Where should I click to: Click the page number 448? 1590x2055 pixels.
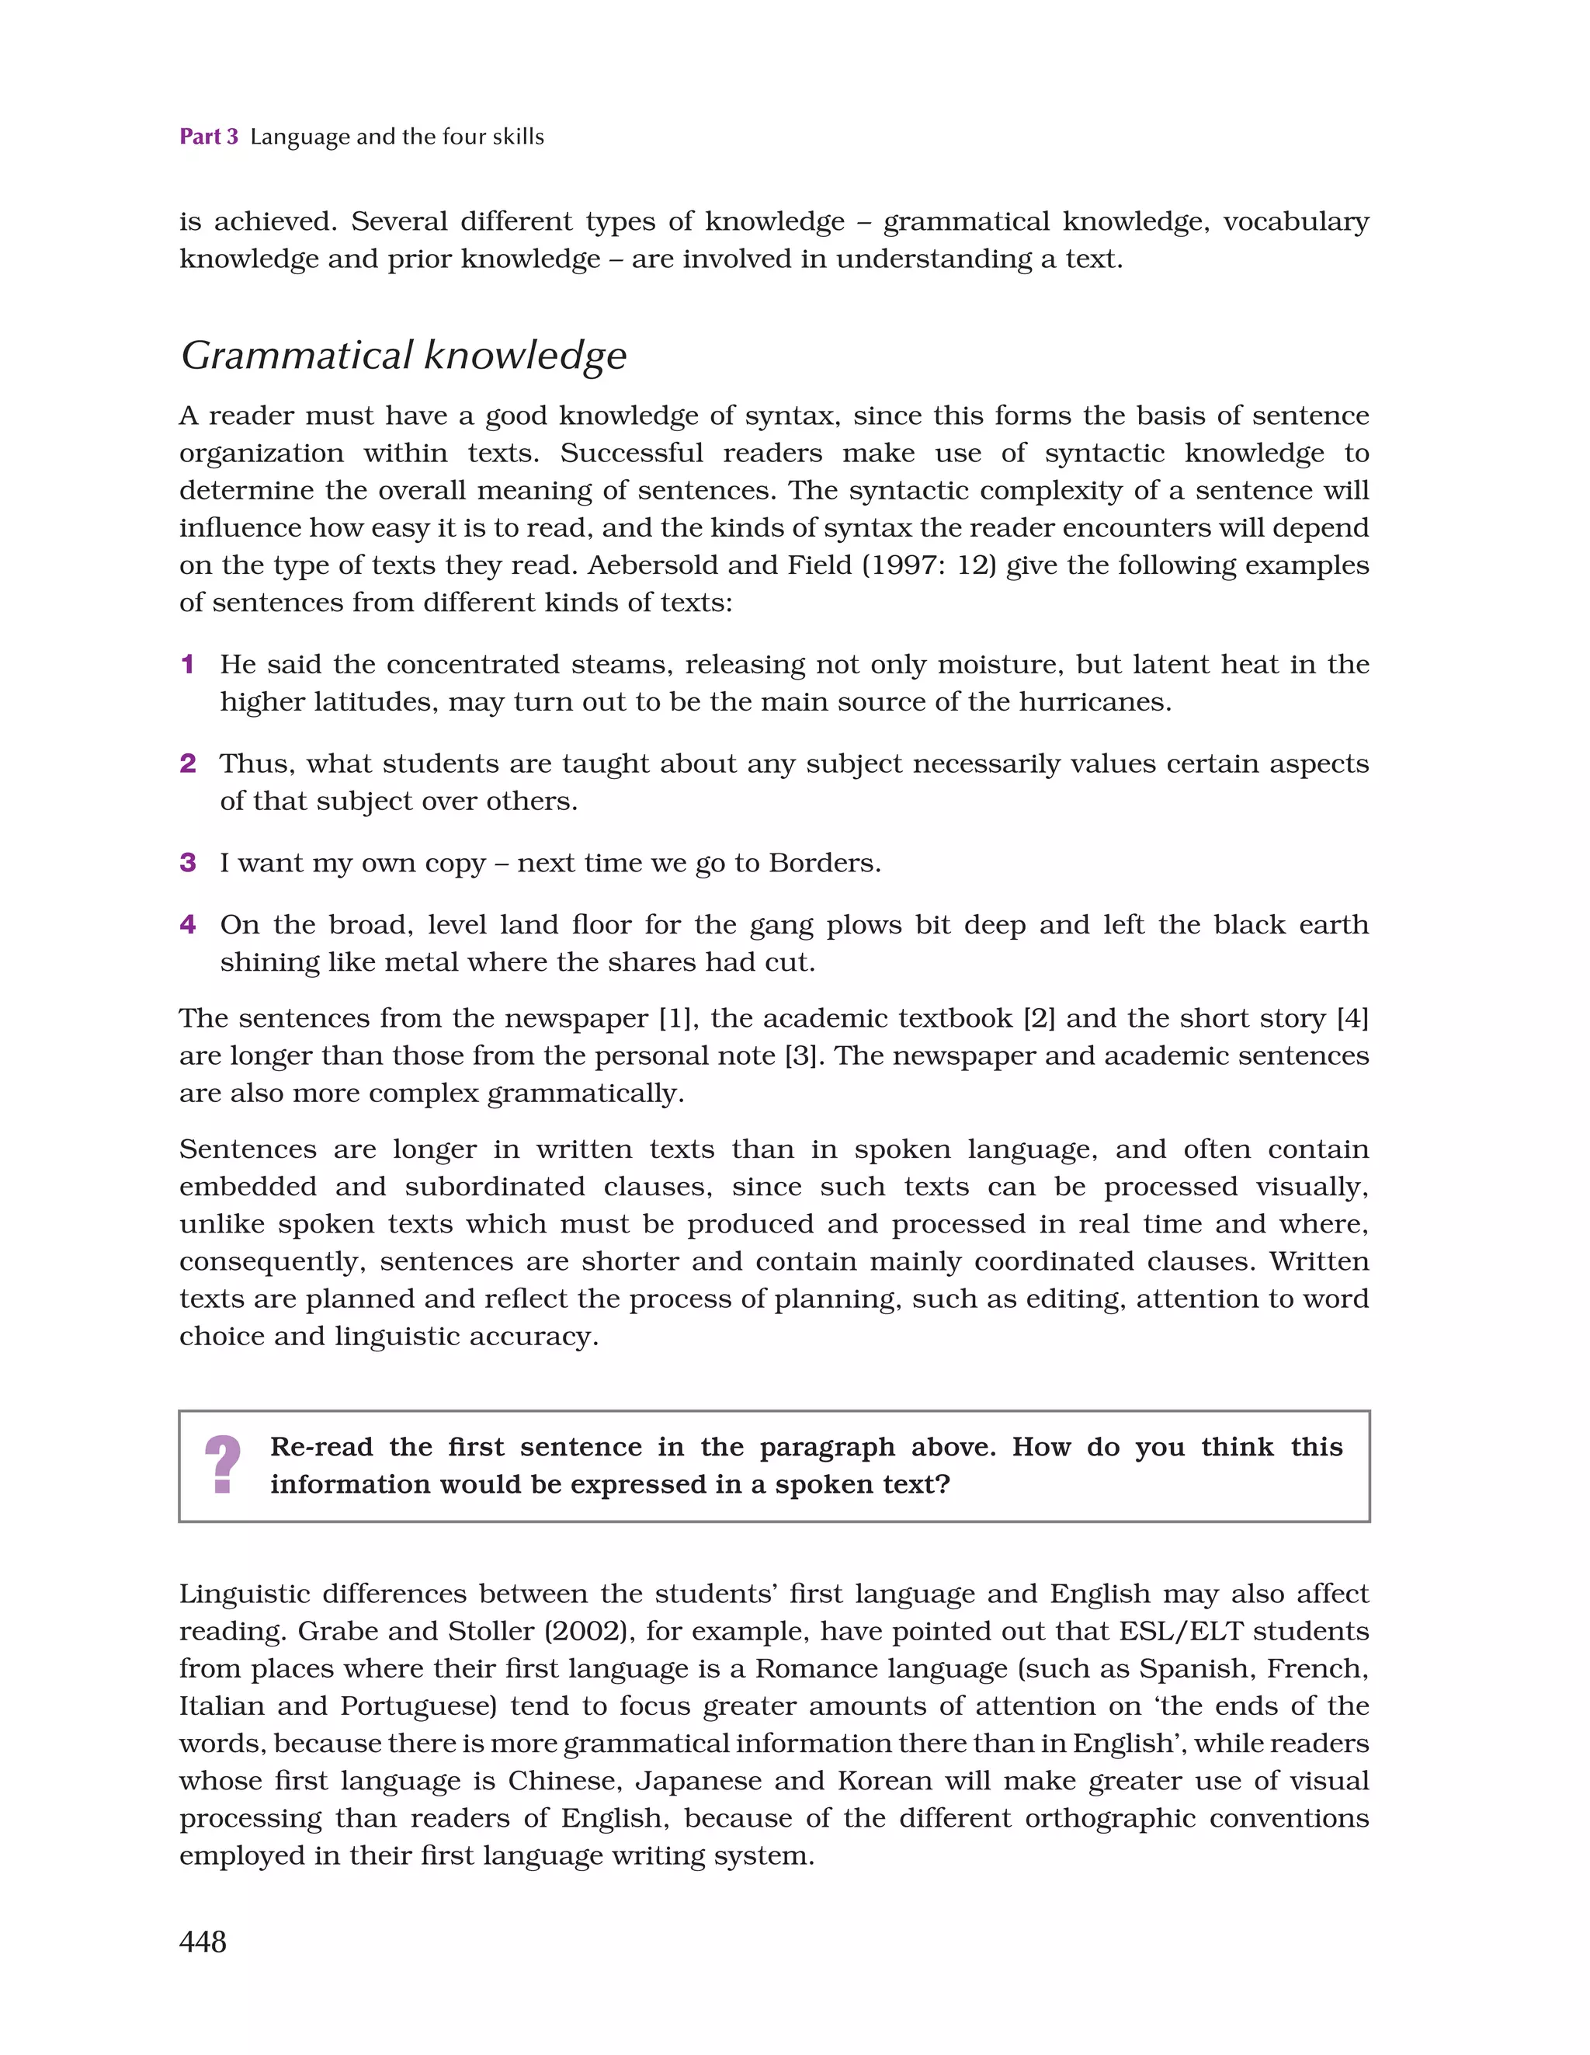point(203,1941)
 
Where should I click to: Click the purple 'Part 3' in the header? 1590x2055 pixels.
point(209,137)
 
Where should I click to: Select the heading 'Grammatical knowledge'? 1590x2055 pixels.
point(404,356)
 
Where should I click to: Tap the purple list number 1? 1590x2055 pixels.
point(187,664)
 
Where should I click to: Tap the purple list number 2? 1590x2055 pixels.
point(187,763)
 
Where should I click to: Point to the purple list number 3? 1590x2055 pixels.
point(187,863)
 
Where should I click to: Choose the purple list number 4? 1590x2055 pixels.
point(187,925)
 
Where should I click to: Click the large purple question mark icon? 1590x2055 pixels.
point(223,1465)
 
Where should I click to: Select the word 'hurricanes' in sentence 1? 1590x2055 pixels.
point(1094,702)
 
